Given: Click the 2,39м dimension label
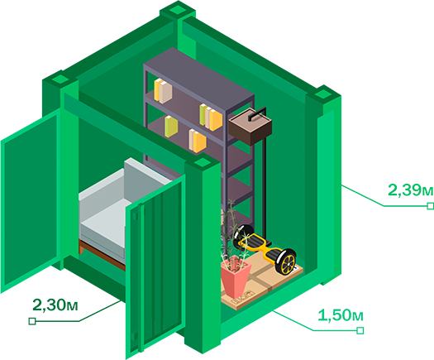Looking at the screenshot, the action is pos(411,190).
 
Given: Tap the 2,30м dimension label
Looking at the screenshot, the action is pos(55,305).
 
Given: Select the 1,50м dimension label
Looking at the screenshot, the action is pos(341,315).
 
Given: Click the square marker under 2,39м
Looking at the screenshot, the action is pos(430,206).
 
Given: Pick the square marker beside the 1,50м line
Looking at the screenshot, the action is pos(360,330).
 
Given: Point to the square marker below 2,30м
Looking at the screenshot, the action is pos(32,321).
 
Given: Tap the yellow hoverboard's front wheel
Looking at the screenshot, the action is pos(288,262).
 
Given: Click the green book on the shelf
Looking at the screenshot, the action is pos(171,127).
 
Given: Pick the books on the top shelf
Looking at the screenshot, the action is pos(163,91).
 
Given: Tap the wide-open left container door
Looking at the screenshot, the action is pos(31,199).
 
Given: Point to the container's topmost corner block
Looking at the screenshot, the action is pos(178,10).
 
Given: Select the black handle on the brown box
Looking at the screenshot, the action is pos(257,113).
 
